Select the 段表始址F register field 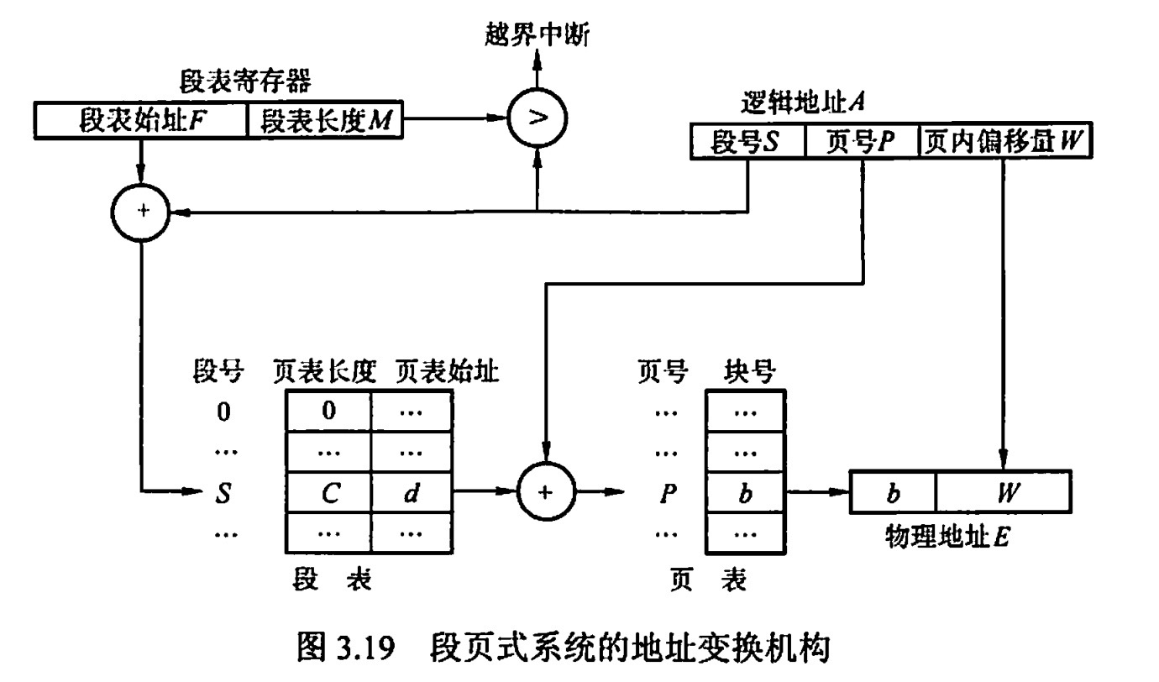(x=141, y=121)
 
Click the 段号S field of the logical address (x=747, y=142)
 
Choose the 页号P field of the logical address (x=862, y=142)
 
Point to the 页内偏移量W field (x=1004, y=142)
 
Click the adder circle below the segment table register (x=141, y=212)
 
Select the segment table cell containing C (x=328, y=492)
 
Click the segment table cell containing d (x=411, y=492)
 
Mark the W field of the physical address (x=1003, y=492)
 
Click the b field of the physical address (x=893, y=492)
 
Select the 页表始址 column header (x=447, y=370)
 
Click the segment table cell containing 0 (x=328, y=412)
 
